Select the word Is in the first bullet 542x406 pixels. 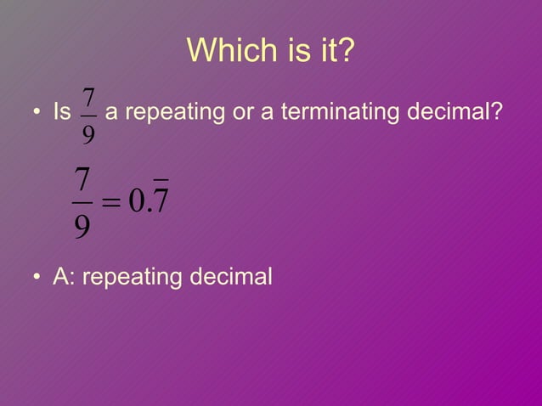[x=61, y=112]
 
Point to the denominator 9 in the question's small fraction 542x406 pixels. [x=88, y=133]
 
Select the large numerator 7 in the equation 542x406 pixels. [x=82, y=181]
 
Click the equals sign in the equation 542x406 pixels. [x=110, y=205]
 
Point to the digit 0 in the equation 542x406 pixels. [x=137, y=204]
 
